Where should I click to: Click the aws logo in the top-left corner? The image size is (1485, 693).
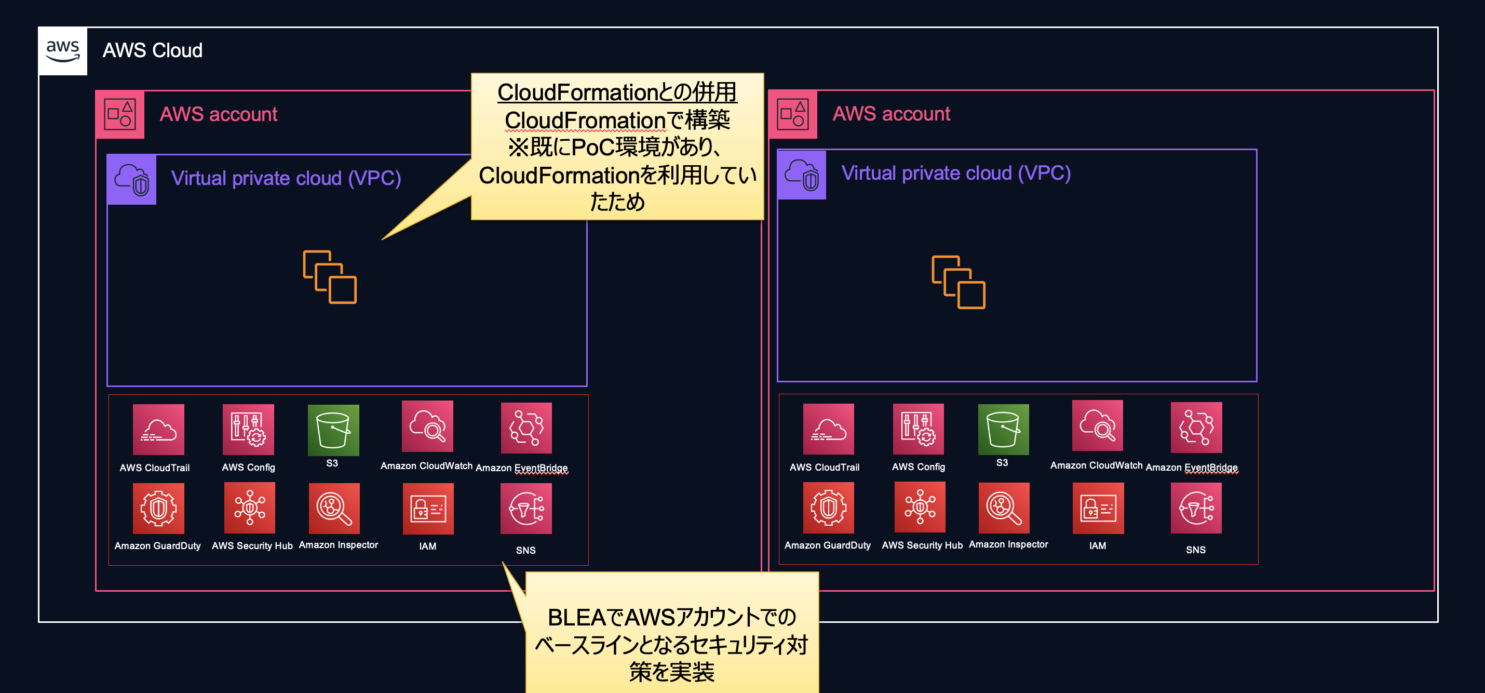point(62,51)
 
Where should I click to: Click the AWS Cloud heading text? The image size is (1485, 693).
point(152,51)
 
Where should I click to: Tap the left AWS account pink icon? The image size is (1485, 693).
point(119,114)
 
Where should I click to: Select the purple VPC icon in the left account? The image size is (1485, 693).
point(131,179)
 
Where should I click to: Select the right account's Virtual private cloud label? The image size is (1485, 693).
point(955,173)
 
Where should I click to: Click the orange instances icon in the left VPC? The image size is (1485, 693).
point(330,277)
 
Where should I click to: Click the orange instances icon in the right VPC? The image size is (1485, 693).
point(958,282)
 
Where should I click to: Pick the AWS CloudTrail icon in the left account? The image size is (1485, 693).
point(158,430)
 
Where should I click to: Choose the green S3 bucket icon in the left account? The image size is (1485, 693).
point(333,430)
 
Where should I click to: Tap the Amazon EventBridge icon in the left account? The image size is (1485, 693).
point(526,428)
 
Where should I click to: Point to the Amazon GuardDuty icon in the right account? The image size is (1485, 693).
point(828,508)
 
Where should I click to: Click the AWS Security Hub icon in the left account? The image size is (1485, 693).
point(249,508)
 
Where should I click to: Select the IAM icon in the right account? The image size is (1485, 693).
point(1098,508)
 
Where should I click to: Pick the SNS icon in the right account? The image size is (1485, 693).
point(1196,508)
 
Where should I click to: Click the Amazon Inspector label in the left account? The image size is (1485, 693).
point(339,545)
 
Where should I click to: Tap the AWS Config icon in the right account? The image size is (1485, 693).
point(918,429)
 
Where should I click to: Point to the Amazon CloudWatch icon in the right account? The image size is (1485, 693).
point(1097,425)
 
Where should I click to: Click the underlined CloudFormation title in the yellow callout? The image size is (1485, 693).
point(617,92)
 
